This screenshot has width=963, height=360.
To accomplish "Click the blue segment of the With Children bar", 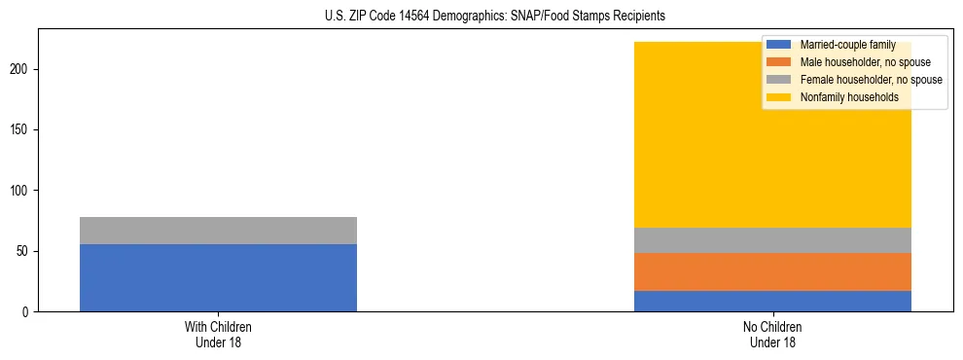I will pos(218,277).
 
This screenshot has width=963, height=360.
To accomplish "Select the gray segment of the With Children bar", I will pos(218,231).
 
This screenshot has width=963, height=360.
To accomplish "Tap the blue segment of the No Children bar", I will pos(772,301).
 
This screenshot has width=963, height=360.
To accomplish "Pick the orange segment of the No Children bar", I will pos(772,271).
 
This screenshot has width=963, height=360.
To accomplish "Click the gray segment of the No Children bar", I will pos(772,240).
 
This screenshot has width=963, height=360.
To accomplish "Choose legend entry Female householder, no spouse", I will pos(871,80).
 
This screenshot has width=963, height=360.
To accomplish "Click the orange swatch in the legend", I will pos(779,62).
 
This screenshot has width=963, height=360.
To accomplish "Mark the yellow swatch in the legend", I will pos(779,97).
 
